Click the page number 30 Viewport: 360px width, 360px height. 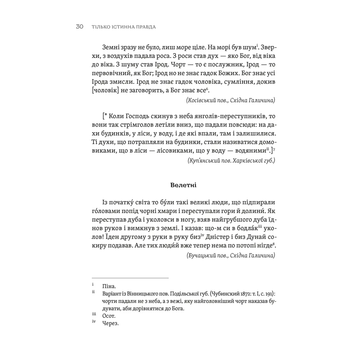click(x=79, y=27)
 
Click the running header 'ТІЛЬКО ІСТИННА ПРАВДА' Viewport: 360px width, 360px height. click(x=123, y=27)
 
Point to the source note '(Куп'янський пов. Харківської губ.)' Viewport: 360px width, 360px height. click(x=229, y=161)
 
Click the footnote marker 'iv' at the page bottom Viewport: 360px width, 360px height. click(x=94, y=322)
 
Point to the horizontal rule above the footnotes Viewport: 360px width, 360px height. click(x=130, y=278)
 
